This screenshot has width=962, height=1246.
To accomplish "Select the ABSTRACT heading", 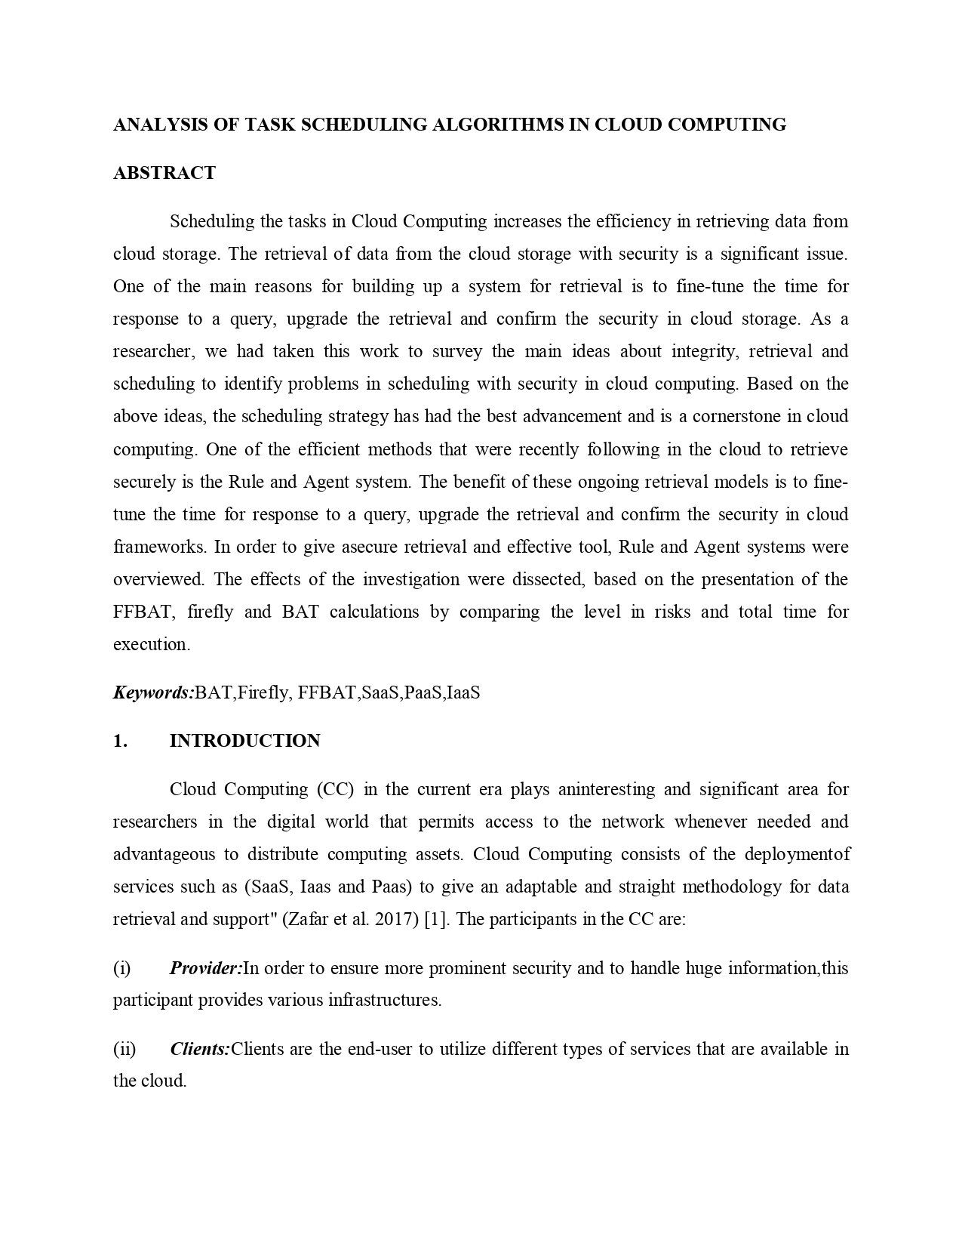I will tap(164, 173).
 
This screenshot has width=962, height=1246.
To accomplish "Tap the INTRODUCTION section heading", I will tap(245, 741).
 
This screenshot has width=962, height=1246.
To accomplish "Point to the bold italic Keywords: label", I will tap(154, 692).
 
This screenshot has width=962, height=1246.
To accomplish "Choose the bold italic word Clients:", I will tap(200, 1049).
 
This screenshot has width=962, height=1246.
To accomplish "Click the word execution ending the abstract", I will tap(149, 645).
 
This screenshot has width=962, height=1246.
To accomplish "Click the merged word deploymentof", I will tap(797, 855).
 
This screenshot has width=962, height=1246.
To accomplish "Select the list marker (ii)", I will tap(124, 1049).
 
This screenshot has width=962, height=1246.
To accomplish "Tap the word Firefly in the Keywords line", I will tap(263, 692).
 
